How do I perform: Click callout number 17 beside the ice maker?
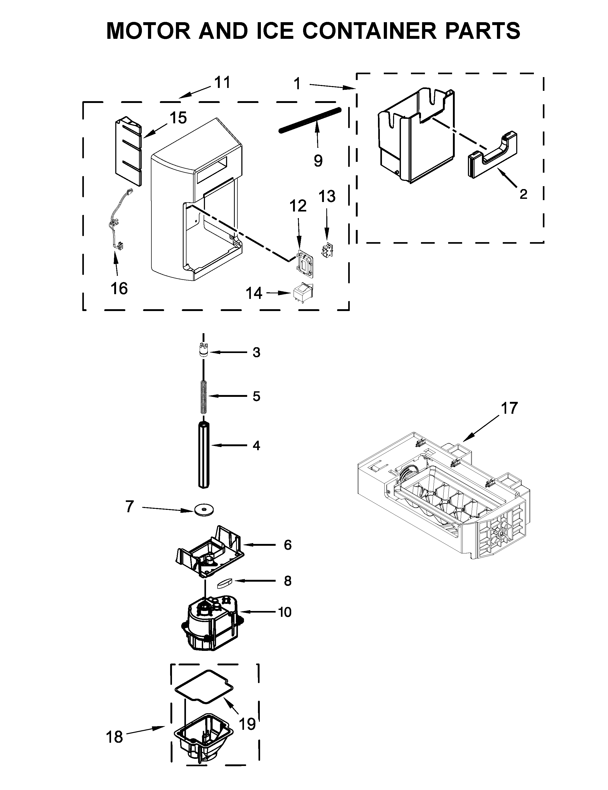(x=509, y=408)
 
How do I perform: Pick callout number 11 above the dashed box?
(x=222, y=83)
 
